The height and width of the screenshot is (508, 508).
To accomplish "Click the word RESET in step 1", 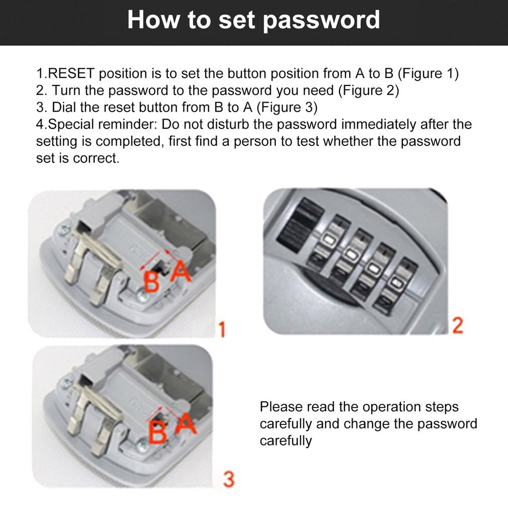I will [x=70, y=74].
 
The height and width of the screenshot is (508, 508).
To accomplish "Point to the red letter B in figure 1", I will [x=151, y=282].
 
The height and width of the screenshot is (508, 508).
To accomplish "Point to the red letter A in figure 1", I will [x=180, y=273].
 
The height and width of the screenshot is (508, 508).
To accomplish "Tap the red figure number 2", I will [x=457, y=325].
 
